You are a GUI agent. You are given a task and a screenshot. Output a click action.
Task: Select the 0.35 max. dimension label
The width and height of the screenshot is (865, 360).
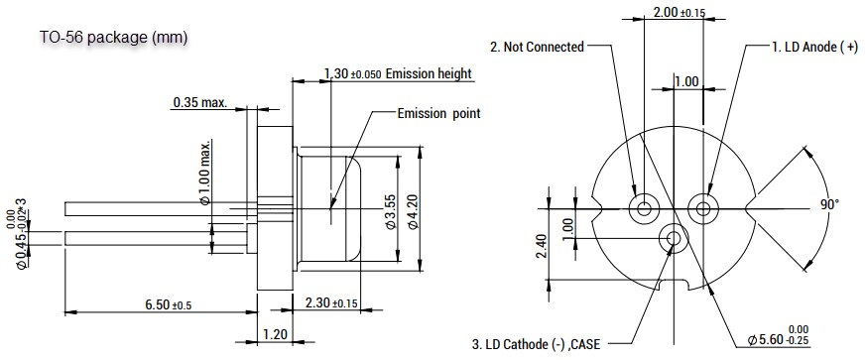pos(199,101)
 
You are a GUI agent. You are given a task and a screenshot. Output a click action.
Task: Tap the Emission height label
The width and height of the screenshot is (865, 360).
pos(397,74)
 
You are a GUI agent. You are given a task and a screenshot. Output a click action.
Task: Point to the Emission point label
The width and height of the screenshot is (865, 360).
pos(438,113)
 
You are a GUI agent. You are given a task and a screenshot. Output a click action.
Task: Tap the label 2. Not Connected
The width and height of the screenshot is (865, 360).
pos(537,47)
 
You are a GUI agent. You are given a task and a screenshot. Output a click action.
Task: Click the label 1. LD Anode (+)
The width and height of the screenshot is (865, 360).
pos(814,47)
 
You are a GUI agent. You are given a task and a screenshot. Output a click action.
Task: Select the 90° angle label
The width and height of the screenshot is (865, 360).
pos(829,204)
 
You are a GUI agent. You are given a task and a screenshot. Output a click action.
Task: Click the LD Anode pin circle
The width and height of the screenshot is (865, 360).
pos(703,208)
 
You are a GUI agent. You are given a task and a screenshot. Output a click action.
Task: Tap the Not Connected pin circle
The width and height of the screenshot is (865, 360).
pos(645,208)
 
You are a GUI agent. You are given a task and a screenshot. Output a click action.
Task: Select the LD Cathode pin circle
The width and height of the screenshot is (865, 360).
pos(675,238)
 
